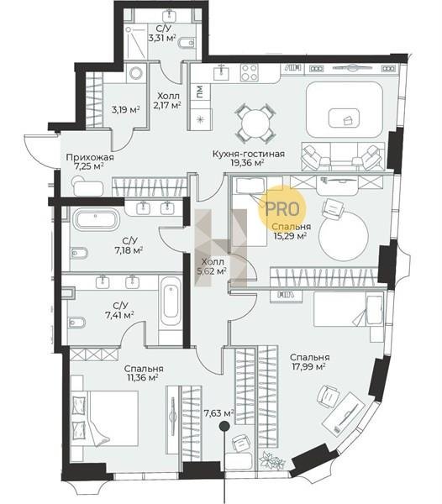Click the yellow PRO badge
[282, 208]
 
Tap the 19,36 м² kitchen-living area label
[248, 163]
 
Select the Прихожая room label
[90, 158]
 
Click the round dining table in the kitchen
[255, 123]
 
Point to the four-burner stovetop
[250, 72]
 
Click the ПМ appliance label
[200, 92]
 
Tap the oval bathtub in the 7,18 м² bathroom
[96, 219]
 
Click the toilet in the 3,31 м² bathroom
[186, 43]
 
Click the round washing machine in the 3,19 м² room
[135, 73]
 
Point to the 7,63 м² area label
[218, 413]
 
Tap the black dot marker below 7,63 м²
[224, 427]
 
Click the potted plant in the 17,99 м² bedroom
[272, 460]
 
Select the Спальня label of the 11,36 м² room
[144, 369]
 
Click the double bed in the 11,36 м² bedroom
[104, 418]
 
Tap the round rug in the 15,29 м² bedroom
[344, 236]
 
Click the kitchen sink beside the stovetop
[222, 73]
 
